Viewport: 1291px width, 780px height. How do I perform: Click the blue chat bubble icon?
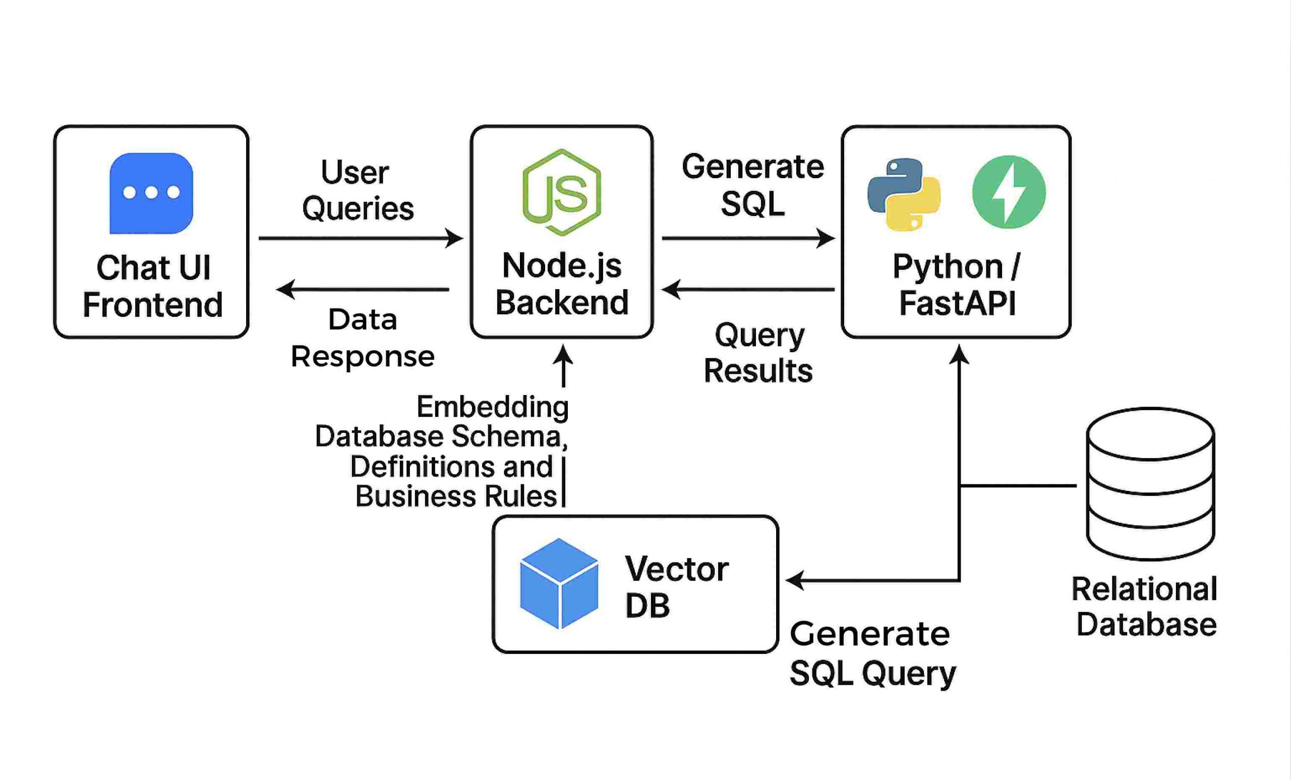tap(151, 193)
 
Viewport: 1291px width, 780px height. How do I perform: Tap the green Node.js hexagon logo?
tap(562, 192)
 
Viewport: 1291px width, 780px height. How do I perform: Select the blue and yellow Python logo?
tap(904, 194)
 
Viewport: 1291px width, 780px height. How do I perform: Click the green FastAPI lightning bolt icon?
tap(1009, 192)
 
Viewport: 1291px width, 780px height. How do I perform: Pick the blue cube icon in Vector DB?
tap(559, 583)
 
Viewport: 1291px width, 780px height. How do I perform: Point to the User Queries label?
tap(358, 190)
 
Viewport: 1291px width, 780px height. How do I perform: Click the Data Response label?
tap(363, 338)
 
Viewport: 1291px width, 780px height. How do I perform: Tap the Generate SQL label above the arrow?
tap(752, 185)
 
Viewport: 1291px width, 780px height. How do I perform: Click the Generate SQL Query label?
tap(872, 653)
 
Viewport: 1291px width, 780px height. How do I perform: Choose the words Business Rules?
tap(455, 496)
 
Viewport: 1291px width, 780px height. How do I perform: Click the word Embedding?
tap(492, 407)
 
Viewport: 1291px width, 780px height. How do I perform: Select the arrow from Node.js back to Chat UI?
tap(362, 289)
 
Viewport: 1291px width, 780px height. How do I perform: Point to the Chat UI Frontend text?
tap(152, 286)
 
